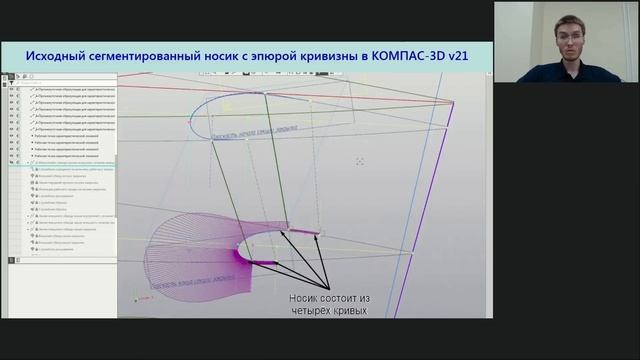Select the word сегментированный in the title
tap(150, 57)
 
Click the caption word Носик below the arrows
tap(306, 297)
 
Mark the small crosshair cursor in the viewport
tap(360, 161)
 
